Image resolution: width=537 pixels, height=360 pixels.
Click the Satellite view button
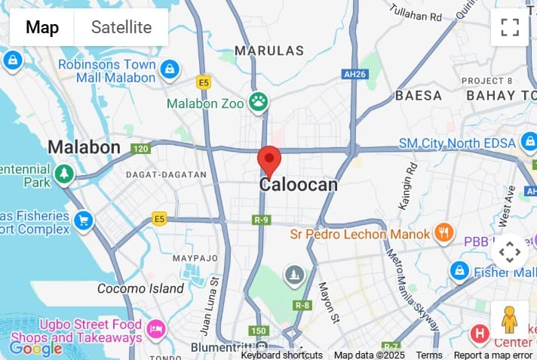coord(121,28)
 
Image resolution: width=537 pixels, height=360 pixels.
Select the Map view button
coord(42,28)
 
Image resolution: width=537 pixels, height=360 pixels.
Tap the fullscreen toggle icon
coord(510,28)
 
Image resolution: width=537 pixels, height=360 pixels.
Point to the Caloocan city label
coord(299,184)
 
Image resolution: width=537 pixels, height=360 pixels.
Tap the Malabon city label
coord(84,147)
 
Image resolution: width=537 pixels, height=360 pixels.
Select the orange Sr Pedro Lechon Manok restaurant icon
coord(444,233)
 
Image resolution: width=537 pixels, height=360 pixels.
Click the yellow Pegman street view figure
coord(510,321)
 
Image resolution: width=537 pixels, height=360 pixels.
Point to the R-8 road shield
coord(302,305)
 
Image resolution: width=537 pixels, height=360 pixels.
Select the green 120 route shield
coord(140,149)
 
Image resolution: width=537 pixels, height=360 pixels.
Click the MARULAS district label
coord(269,51)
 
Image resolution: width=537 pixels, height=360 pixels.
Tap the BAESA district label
coord(419,96)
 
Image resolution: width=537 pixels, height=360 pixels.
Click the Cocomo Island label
coord(140,288)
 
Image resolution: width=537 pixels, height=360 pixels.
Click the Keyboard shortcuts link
coord(281,355)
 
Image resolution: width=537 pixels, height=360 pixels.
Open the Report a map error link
coord(493,355)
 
